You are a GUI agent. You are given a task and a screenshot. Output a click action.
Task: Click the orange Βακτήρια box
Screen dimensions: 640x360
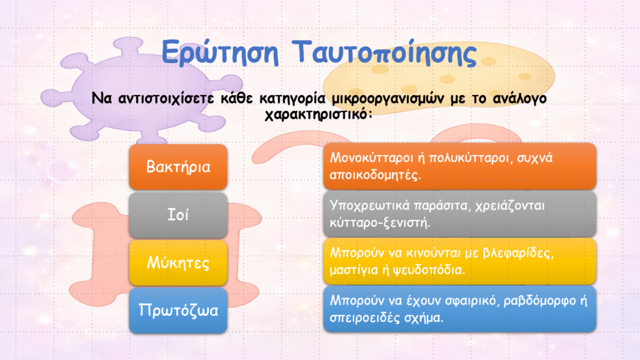(178, 166)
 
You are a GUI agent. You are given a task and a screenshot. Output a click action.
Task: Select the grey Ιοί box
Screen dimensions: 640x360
(178, 215)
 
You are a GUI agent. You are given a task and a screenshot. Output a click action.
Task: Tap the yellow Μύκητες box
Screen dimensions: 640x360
(178, 262)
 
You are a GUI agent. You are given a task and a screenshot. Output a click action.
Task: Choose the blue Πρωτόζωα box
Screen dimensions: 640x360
(178, 310)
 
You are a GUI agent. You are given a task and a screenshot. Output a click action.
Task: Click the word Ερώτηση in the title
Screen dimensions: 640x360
(220, 52)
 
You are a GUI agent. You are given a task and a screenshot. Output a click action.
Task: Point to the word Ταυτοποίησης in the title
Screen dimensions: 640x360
(384, 52)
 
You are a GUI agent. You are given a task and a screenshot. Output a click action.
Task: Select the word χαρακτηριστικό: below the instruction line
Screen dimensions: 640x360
(319, 114)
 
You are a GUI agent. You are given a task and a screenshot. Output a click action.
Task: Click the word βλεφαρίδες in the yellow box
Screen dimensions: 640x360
(516, 253)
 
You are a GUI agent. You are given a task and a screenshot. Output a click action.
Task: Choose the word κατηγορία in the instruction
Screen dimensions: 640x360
(292, 99)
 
